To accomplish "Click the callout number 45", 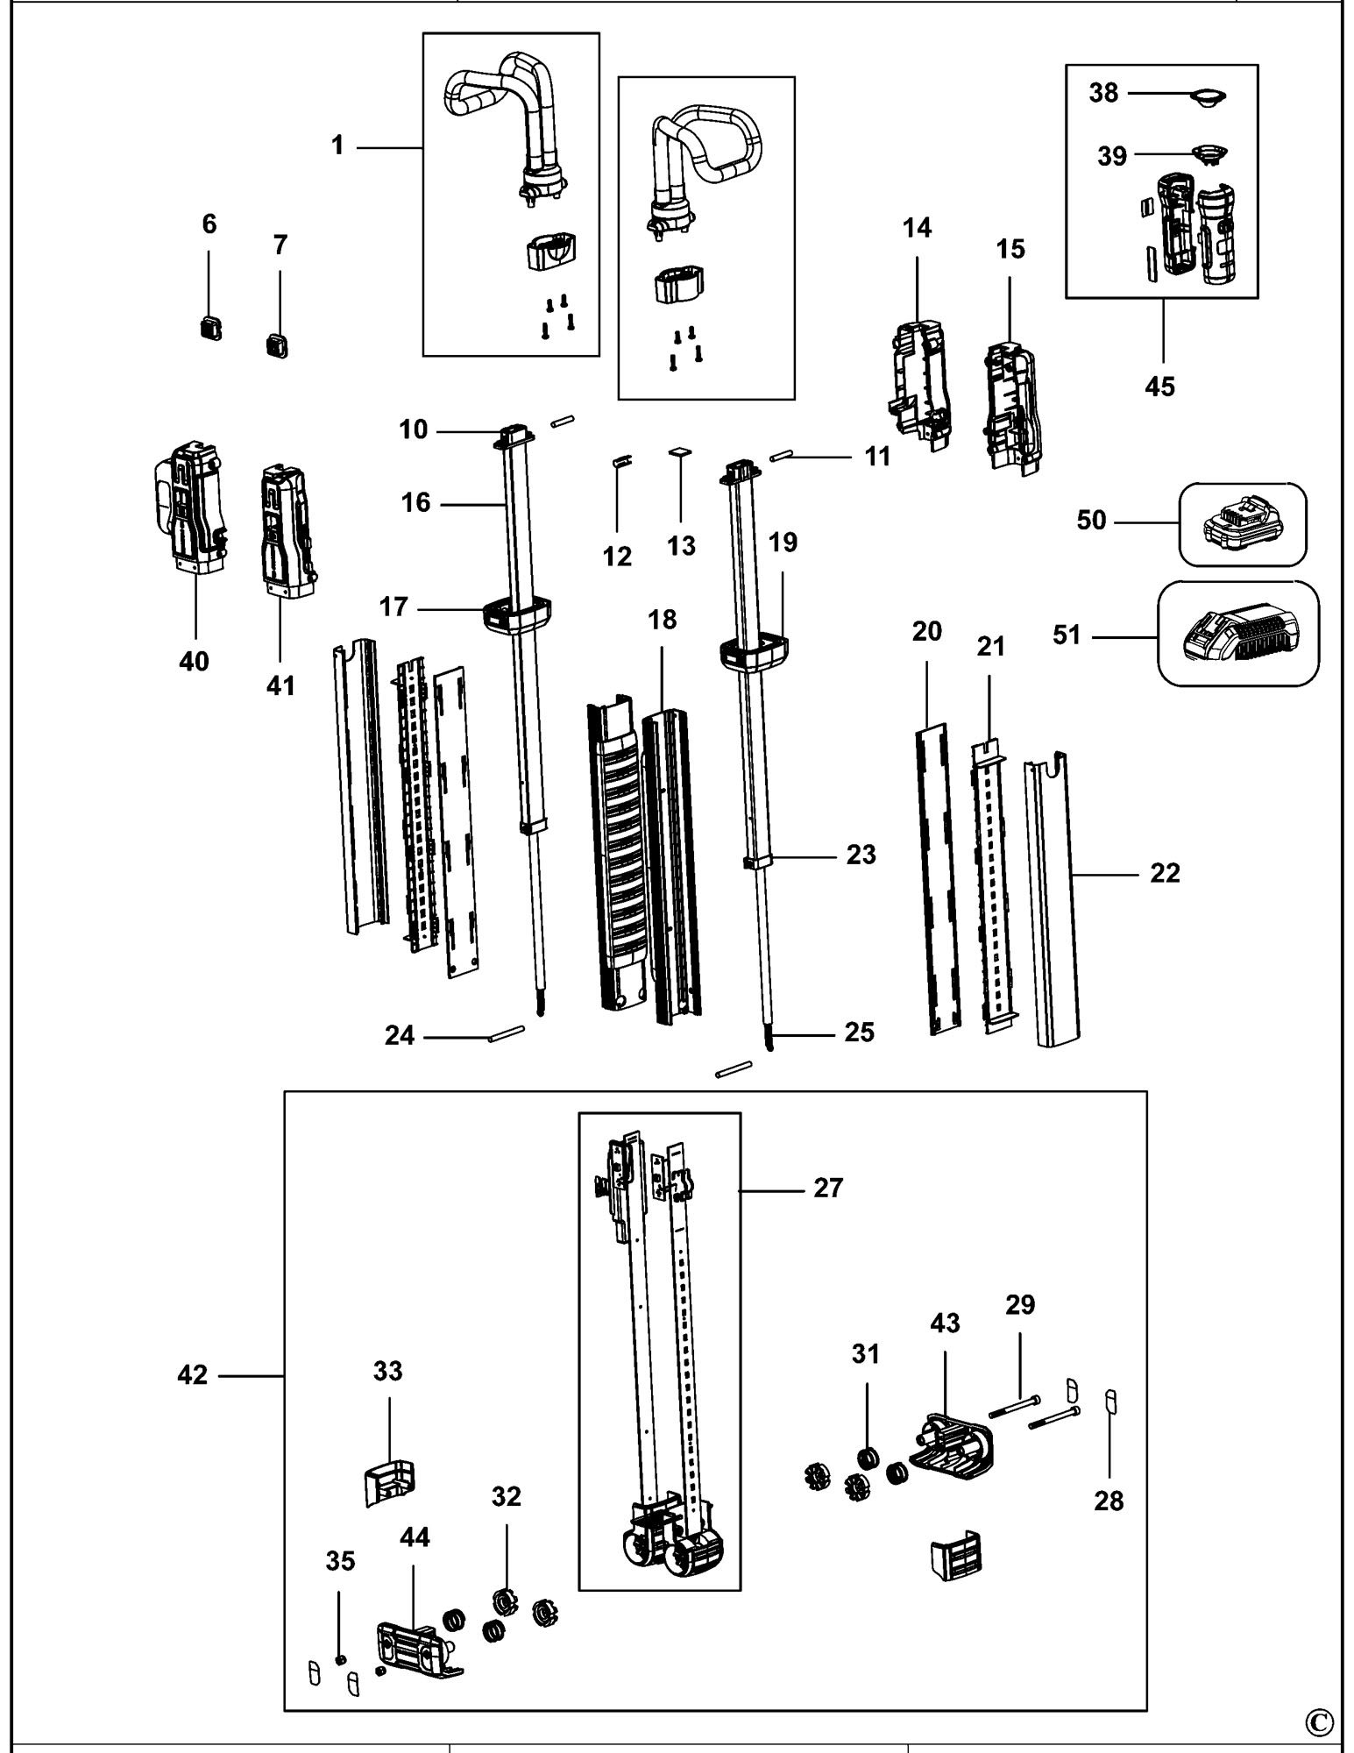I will tap(1159, 386).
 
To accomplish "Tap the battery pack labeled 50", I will tap(1241, 526).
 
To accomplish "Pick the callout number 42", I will tap(193, 1375).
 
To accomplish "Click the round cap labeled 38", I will tap(1208, 96).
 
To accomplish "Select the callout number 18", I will tap(663, 620).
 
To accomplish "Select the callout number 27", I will tap(828, 1189).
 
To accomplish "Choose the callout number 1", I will tap(337, 145).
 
